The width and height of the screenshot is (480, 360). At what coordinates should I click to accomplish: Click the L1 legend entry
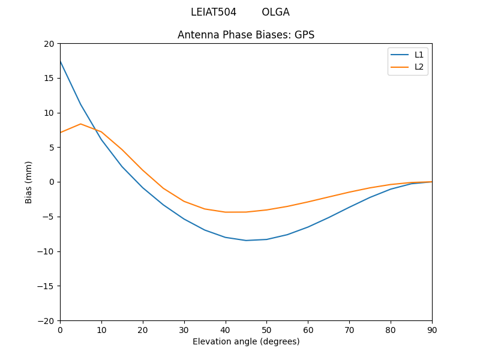pos(419,55)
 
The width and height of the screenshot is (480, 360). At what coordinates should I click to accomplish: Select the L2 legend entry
pos(419,67)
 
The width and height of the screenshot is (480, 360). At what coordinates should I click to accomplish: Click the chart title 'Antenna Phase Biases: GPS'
pos(246,35)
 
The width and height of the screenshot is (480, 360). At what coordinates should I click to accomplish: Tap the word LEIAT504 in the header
pos(214,12)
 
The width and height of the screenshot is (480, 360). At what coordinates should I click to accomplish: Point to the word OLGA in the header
pos(275,12)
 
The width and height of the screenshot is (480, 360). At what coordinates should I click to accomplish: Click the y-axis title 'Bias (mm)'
pos(29,182)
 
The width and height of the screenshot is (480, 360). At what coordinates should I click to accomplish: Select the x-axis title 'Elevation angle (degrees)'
pos(246,341)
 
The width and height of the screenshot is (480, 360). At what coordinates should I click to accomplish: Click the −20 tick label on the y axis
pos(46,320)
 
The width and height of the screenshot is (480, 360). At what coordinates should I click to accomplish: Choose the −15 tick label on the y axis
pos(46,286)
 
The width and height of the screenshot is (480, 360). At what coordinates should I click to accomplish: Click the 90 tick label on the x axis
pos(432,330)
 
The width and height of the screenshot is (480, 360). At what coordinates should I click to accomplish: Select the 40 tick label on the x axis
pos(226,330)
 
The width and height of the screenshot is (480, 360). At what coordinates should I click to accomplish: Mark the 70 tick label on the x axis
pos(349,330)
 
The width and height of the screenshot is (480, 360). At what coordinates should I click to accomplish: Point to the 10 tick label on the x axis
pos(101,330)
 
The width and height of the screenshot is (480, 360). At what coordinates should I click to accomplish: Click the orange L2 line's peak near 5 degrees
pos(80,124)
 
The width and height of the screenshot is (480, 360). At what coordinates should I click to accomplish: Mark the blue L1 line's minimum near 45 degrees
pos(246,241)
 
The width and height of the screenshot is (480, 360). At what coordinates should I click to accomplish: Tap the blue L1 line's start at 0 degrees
pos(61,61)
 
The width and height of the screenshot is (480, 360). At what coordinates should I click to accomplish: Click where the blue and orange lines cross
pos(93,128)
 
